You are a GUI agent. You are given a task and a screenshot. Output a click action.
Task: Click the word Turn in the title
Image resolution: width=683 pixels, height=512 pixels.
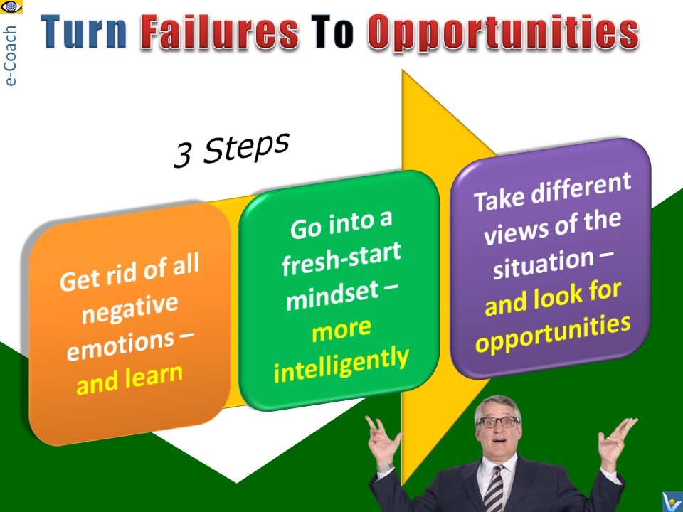point(84,31)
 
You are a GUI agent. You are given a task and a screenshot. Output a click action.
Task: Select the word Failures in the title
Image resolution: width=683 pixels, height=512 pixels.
point(220,31)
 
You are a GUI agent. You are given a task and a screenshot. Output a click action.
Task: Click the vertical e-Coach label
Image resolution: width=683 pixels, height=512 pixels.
point(9,55)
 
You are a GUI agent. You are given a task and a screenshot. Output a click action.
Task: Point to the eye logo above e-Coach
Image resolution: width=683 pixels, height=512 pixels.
point(11,7)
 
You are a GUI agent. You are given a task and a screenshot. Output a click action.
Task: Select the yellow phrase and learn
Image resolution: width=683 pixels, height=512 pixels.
point(129,379)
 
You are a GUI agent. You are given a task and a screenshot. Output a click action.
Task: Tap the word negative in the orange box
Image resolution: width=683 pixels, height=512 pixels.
point(129,309)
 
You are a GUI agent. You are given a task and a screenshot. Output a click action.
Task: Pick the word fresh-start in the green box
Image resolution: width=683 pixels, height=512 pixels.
point(341,259)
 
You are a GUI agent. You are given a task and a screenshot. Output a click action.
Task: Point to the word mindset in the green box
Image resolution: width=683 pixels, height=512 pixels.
point(332,296)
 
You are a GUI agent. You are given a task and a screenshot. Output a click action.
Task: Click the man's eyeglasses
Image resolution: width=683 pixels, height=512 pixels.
point(498,422)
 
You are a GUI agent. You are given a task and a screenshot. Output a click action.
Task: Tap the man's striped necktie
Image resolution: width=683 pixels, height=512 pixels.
point(494,489)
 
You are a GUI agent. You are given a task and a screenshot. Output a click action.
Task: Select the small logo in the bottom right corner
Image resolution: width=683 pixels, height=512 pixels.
point(672,502)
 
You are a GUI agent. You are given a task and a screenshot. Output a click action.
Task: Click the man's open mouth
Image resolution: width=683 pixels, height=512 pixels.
point(499,441)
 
